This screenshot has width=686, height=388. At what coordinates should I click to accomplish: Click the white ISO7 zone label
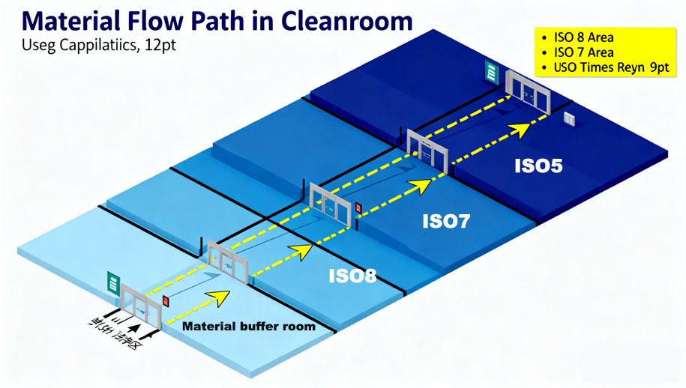coord(446,222)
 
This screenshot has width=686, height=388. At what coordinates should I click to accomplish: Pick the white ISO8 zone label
coord(352,276)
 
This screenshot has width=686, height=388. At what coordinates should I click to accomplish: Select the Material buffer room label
coord(249,327)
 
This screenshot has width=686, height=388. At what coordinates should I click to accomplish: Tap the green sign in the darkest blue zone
coord(491,73)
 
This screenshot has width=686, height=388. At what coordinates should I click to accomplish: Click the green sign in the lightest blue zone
coord(113,283)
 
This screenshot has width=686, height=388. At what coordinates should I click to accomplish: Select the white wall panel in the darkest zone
coord(569,118)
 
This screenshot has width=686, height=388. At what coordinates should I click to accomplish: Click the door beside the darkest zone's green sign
coord(529,91)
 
